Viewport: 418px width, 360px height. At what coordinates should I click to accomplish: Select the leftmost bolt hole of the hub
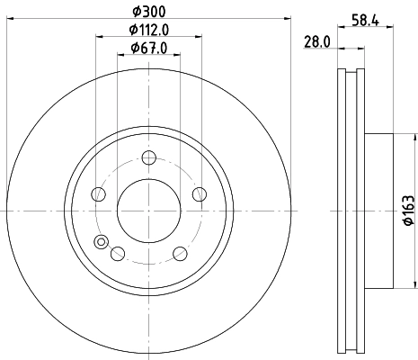(x=100, y=195)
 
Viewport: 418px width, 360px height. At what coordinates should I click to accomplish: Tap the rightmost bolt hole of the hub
(x=199, y=195)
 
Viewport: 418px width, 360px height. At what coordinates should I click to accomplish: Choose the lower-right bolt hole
(x=180, y=253)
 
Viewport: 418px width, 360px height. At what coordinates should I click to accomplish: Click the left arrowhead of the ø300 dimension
(x=9, y=17)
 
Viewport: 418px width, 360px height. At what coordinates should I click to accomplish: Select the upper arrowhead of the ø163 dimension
(x=415, y=138)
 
